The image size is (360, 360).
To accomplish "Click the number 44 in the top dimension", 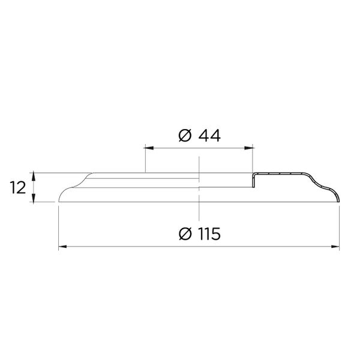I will tap(208, 136).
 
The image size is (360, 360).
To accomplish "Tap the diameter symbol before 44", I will tap(185, 136).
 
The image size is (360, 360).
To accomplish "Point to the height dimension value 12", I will tap(18, 188).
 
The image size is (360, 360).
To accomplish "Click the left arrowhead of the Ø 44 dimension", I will tap(148, 147).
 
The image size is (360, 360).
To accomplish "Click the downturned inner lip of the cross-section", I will tap(254, 179).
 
